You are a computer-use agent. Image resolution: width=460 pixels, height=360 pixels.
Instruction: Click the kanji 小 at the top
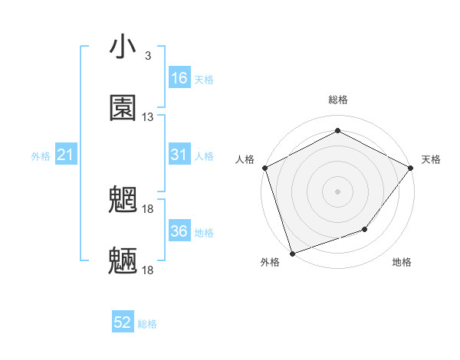[x=123, y=47]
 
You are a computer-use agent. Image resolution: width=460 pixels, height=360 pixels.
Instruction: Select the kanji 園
[x=123, y=108]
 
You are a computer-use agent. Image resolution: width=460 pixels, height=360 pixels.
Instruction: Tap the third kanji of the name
[x=123, y=201]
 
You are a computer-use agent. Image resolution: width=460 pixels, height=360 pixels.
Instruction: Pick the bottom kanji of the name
[x=123, y=261]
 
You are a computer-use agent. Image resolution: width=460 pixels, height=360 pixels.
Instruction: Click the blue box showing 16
[x=179, y=78]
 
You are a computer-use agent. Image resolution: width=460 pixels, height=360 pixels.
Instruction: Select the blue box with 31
[x=179, y=155]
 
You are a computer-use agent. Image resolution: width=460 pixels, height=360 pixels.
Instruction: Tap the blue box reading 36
[x=179, y=231]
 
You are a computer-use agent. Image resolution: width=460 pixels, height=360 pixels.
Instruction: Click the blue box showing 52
[x=123, y=322]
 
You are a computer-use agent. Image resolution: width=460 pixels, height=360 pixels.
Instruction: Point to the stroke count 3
[x=147, y=56]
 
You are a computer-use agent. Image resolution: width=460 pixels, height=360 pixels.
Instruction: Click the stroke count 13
[x=147, y=117]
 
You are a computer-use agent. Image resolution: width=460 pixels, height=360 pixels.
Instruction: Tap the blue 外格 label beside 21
[x=41, y=156]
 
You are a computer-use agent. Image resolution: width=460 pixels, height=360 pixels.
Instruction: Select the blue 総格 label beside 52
[x=147, y=324]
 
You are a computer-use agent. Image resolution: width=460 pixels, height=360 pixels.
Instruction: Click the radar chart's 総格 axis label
[x=337, y=100]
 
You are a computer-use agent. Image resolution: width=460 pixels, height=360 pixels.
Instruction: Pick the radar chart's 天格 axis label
[x=431, y=159]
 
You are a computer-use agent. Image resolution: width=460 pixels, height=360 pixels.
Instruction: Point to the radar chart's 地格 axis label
[x=402, y=263]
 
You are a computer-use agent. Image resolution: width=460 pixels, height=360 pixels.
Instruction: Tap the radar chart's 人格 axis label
[x=245, y=159]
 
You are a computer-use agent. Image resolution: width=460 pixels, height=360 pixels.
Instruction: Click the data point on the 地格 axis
[x=366, y=229]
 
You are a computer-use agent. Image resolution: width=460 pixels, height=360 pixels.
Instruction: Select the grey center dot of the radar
[x=337, y=191]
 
